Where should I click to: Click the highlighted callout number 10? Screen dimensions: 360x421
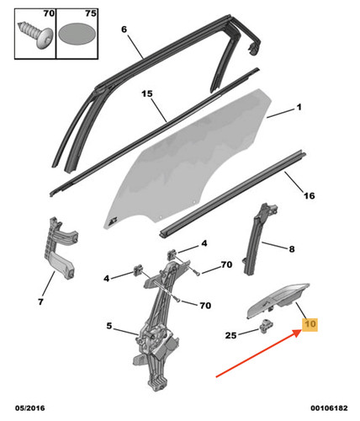coord(310,324)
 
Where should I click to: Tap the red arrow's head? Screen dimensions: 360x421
coord(297,333)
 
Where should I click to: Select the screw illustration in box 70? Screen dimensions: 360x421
coord(35,35)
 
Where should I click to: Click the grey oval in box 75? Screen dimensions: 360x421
coord(77,35)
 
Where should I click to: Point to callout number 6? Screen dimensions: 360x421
coord(124,29)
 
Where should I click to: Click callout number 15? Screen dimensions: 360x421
coord(147,93)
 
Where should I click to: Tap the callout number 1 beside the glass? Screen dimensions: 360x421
coord(299,107)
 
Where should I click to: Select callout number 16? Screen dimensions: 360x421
coord(310,195)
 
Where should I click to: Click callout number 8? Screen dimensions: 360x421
coord(292,249)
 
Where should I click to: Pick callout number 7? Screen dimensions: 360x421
coord(41,302)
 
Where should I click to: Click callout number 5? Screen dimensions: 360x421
coord(109,326)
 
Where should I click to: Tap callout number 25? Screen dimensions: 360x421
coord(231,335)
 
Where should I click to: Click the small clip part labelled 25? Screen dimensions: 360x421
coord(265,326)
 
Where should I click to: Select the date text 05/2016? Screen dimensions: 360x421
coord(30,408)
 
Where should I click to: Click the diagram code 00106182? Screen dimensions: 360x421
coord(329,408)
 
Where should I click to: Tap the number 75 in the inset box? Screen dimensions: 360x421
coord(91,13)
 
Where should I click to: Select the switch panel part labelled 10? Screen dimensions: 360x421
coord(278,301)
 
